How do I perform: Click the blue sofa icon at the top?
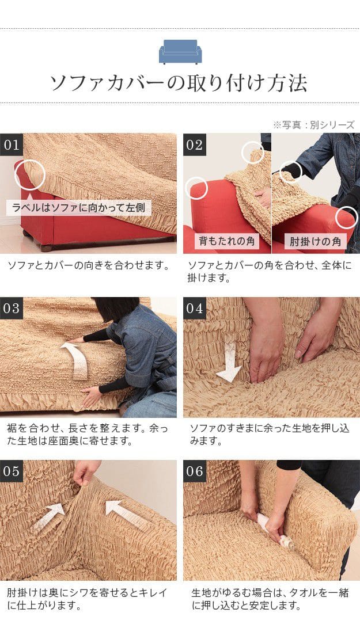point(180,51)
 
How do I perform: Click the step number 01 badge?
point(11,144)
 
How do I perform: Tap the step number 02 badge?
point(195,144)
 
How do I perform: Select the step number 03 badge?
point(11,308)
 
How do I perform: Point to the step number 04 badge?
point(195,308)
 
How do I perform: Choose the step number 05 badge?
point(11,471)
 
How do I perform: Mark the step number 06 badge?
point(195,471)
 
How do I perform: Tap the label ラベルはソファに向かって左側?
point(78,208)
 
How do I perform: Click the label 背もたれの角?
point(227,241)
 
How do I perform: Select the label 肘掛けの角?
point(316,242)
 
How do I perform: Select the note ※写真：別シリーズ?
point(314,125)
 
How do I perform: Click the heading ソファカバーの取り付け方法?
point(179,83)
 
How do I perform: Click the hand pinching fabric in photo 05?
point(85,472)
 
